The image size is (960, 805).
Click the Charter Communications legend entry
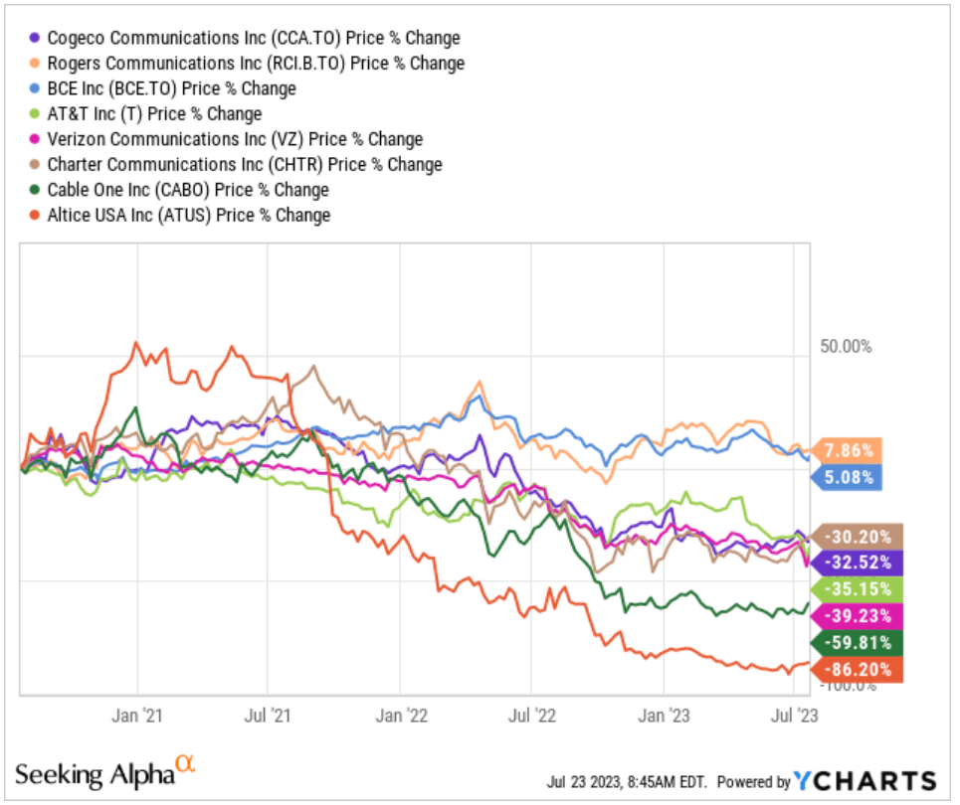(244, 164)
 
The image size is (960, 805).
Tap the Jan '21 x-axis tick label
(138, 715)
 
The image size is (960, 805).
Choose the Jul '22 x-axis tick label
(531, 715)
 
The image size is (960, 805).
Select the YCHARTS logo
(865, 781)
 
